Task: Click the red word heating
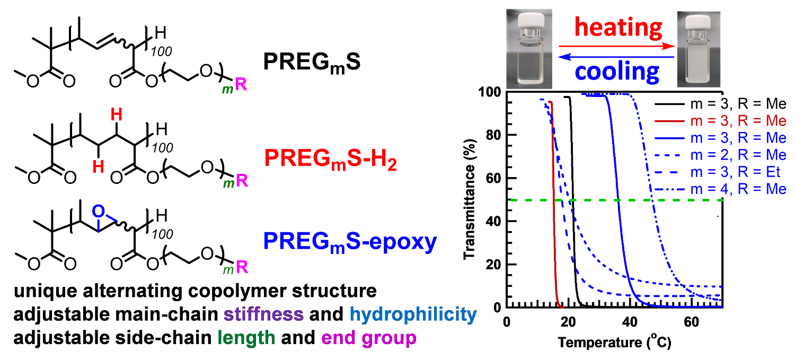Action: click(618, 28)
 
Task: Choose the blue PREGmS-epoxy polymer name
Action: click(350, 242)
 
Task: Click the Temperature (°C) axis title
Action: click(614, 343)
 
